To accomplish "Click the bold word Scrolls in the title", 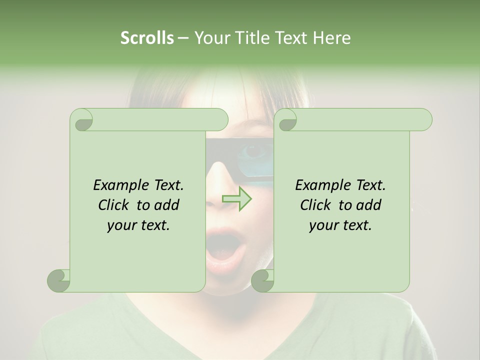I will coord(147,38).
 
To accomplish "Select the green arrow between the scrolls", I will coord(237,198).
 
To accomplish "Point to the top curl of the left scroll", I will coord(81,120).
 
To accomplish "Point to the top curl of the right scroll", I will coord(285,120).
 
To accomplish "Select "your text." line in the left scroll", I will coord(138,225).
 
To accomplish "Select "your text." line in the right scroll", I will coord(340,225).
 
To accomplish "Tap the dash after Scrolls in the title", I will coord(183,38).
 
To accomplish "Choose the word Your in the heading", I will coord(209,38).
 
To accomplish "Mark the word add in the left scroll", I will coord(167,205).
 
